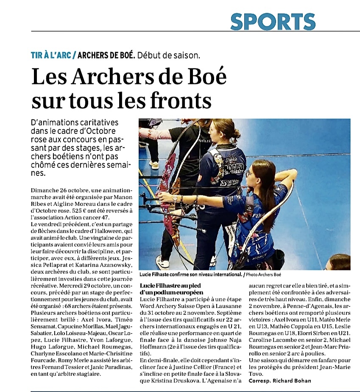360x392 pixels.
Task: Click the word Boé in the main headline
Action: (204, 77)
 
